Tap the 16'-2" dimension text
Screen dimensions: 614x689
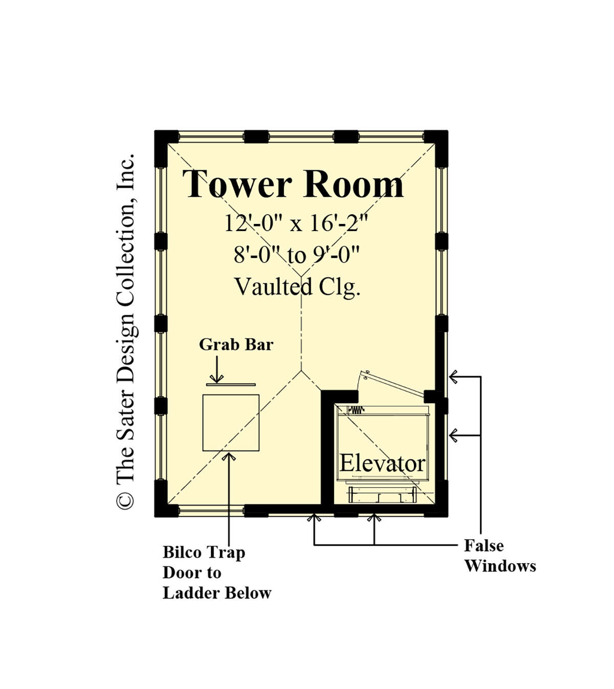(339, 223)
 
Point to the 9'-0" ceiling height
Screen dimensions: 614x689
(336, 255)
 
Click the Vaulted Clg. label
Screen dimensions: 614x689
(297, 287)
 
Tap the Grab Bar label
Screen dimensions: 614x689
(236, 344)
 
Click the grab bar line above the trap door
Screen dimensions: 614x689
(231, 385)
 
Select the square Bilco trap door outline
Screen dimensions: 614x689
(231, 395)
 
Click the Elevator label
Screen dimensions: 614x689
(382, 464)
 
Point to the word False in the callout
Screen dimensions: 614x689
(484, 546)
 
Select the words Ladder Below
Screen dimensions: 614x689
(217, 593)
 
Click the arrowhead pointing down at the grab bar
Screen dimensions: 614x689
(216, 379)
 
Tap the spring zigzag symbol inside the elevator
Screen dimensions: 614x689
(356, 410)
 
